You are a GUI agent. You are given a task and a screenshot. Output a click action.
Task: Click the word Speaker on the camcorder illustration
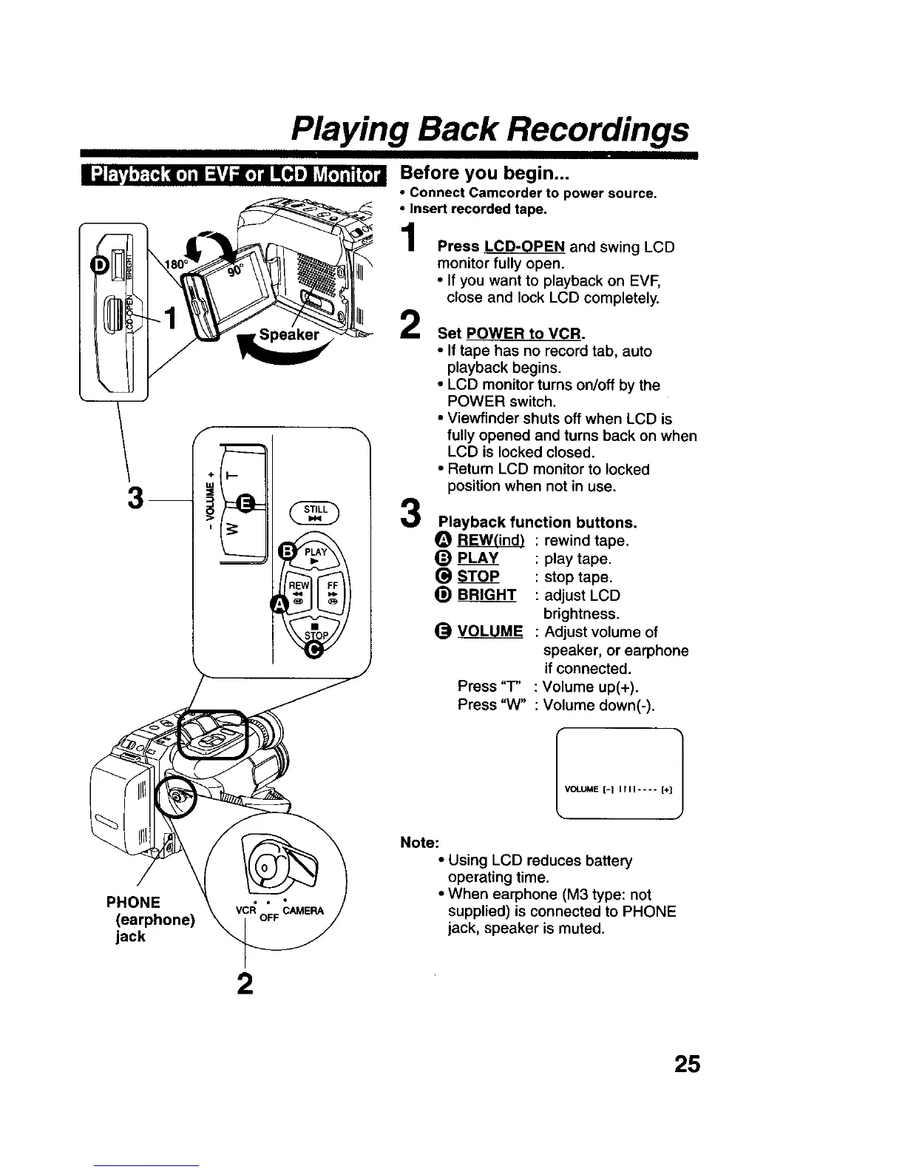(x=289, y=334)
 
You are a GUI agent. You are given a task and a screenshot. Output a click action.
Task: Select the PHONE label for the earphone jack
(x=133, y=902)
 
